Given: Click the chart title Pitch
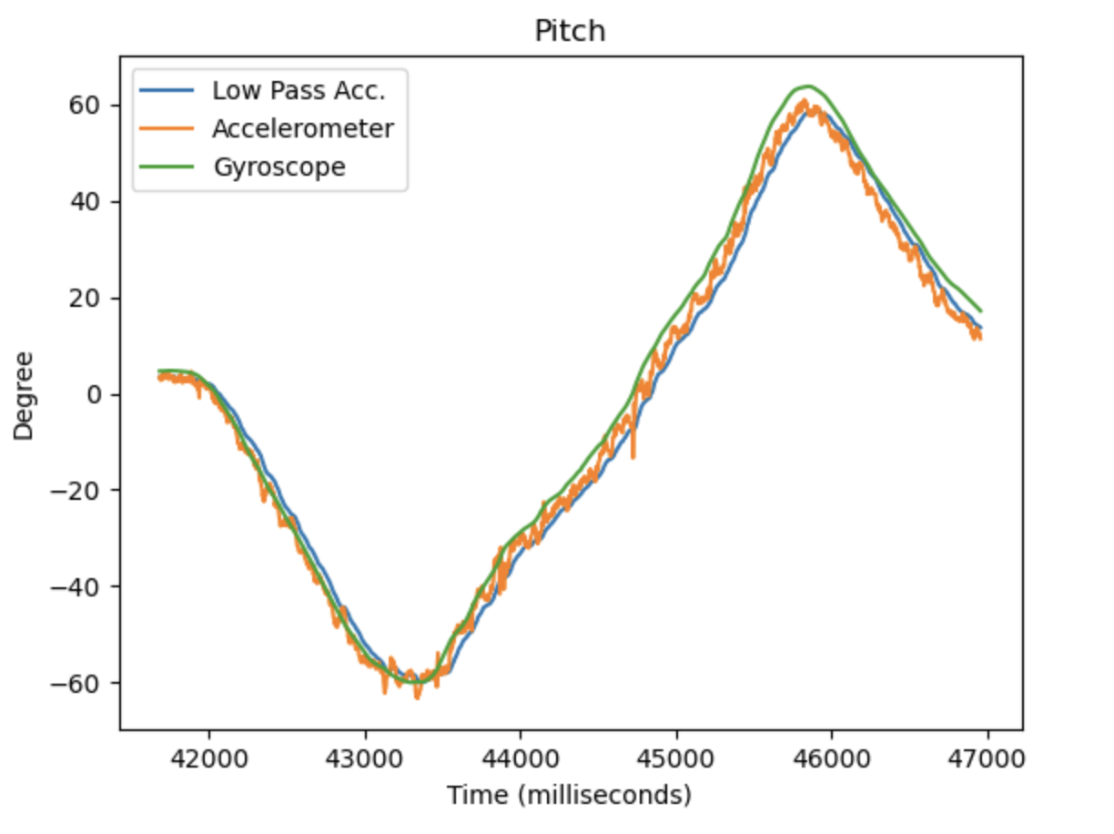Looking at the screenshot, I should pyautogui.click(x=570, y=31).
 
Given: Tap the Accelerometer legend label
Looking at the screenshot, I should pyautogui.click(x=303, y=129).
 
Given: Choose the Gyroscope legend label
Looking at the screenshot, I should pyautogui.click(x=278, y=168).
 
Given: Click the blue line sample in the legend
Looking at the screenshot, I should pyautogui.click(x=168, y=91).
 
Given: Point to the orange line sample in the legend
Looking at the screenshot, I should pyautogui.click(x=168, y=129).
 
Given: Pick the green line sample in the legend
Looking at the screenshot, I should pyautogui.click(x=168, y=168).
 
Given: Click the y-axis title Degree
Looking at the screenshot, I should pyautogui.click(x=24, y=394).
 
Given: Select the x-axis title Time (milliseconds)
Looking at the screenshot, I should pyautogui.click(x=569, y=796).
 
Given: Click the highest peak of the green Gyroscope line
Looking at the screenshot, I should pyautogui.click(x=806, y=86).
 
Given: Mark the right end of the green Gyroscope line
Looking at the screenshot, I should pyautogui.click(x=980, y=310).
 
